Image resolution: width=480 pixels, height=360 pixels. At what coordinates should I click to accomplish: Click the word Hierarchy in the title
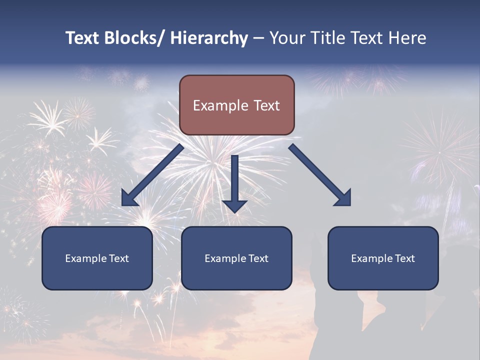tap(209, 38)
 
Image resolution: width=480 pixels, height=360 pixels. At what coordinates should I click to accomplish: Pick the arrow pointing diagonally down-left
tap(152, 175)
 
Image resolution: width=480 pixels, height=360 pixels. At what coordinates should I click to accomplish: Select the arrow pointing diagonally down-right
tap(320, 175)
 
